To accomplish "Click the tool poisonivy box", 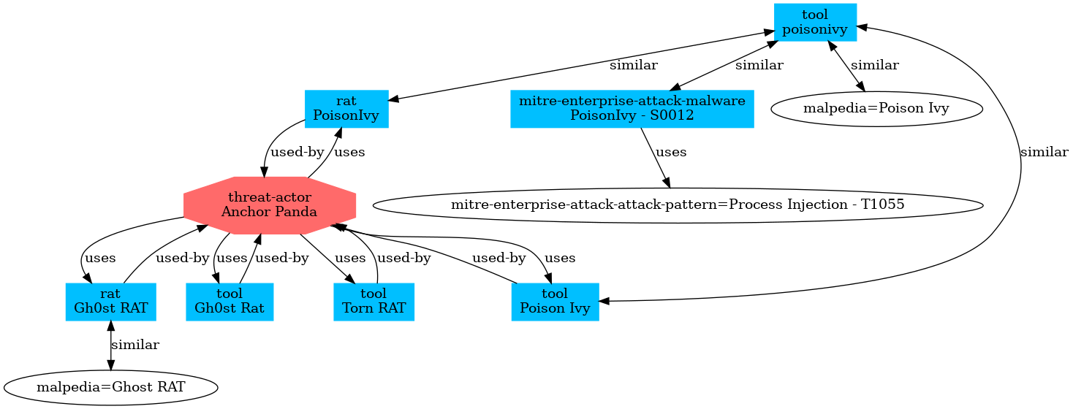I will click(815, 22).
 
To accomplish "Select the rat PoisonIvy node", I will click(346, 109).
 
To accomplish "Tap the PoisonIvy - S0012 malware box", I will click(632, 109).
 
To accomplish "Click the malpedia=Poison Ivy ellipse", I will click(876, 109).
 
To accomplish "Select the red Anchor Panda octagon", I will click(269, 204).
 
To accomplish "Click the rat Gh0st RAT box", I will click(110, 301).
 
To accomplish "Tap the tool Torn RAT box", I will click(374, 301).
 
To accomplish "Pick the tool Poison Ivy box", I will click(555, 301).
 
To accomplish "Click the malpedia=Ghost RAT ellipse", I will click(110, 386).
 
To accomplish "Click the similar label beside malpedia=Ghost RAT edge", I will click(134, 344).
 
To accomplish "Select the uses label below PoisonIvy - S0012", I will click(671, 153).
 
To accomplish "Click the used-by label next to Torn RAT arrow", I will click(403, 258).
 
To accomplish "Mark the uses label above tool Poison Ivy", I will click(560, 258).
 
